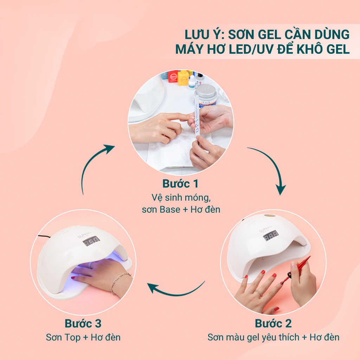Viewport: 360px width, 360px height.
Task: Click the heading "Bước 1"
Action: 180,184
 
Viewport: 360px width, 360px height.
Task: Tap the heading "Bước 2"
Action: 273,323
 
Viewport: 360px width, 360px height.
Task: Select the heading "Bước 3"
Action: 83,323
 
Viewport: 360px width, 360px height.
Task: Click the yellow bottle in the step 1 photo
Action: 183,78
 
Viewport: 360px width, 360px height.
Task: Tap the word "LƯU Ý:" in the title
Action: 204,34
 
